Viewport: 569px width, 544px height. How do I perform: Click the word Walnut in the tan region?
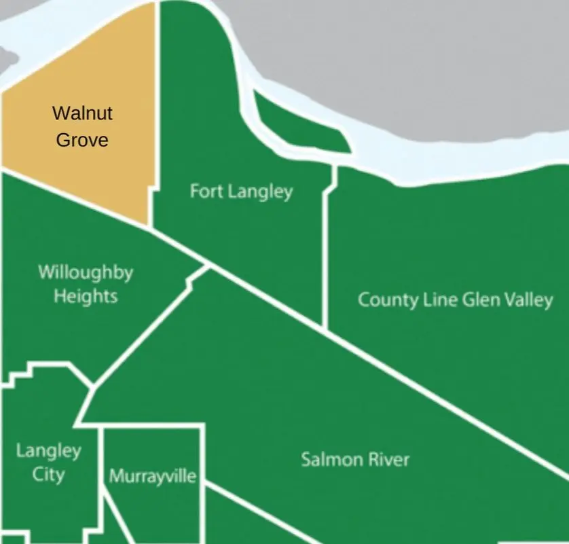click(x=82, y=113)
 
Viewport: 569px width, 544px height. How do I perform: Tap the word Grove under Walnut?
click(x=82, y=140)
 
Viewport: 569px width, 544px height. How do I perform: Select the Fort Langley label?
click(x=241, y=192)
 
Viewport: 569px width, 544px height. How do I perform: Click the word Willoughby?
click(x=86, y=273)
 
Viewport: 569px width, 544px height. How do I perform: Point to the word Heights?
click(x=86, y=296)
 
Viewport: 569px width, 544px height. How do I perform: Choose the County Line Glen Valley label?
click(x=455, y=300)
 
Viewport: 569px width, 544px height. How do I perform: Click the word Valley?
click(x=526, y=300)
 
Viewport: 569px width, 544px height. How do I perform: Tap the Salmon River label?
click(x=355, y=460)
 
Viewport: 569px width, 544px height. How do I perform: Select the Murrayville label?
click(x=153, y=476)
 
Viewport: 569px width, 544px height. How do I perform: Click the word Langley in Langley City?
click(x=48, y=450)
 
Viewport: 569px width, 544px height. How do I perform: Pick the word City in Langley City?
click(x=48, y=473)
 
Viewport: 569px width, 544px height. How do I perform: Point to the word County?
click(x=384, y=300)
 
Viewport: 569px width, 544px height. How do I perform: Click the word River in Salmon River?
click(x=388, y=460)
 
